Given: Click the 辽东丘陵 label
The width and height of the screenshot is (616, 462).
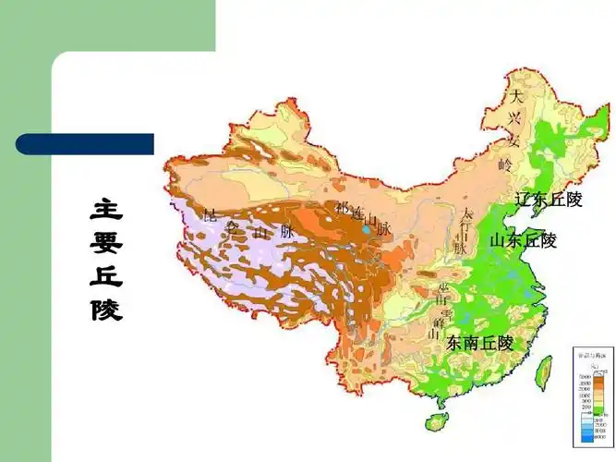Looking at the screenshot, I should (x=549, y=200).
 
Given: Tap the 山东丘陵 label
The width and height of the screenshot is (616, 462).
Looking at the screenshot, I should (x=524, y=240).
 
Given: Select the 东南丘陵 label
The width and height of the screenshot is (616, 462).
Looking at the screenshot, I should (x=479, y=343).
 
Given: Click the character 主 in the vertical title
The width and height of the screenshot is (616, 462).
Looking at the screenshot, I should (x=106, y=210).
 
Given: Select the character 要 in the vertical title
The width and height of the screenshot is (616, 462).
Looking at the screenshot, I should (x=106, y=243).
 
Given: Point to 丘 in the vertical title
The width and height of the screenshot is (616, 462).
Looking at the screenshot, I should (x=106, y=276).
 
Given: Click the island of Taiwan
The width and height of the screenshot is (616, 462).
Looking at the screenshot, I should (x=545, y=371).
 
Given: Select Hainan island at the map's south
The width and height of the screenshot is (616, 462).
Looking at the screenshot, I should (x=436, y=422).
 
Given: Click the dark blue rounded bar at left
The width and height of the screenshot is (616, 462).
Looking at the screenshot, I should (x=84, y=143).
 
